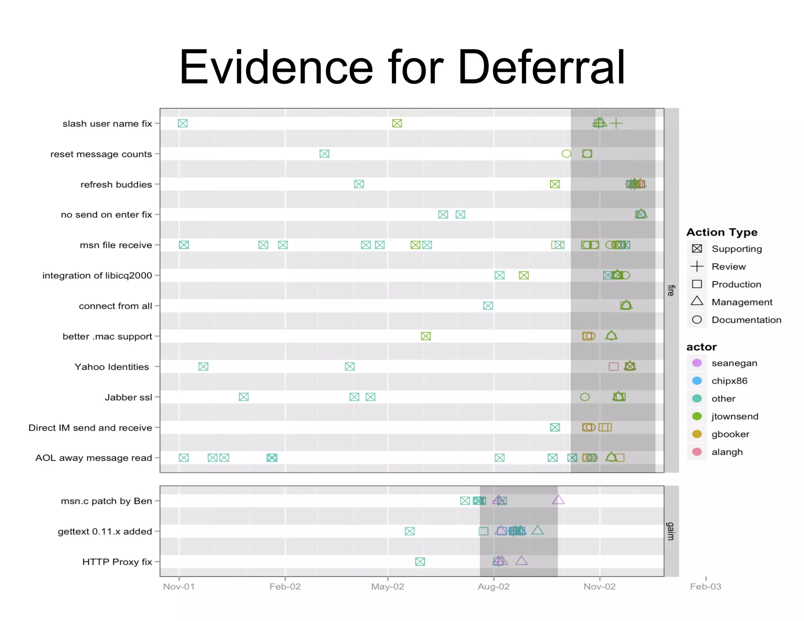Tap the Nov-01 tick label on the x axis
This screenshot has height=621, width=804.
(x=179, y=586)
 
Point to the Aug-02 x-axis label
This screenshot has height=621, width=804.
(x=493, y=586)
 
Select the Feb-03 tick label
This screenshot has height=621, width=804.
(x=705, y=586)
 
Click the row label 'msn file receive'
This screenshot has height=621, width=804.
(x=116, y=245)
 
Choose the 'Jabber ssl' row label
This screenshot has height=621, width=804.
(x=128, y=397)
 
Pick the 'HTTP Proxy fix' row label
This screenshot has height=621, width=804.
(x=117, y=562)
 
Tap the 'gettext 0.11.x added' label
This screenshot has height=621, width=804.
(x=105, y=532)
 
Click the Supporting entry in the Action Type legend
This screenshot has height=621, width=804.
(x=736, y=249)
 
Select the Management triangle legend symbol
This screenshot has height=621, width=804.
(x=697, y=301)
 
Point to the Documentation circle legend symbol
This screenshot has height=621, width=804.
(x=697, y=320)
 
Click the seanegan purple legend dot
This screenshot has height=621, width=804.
(x=697, y=363)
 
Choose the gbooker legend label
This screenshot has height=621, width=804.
(x=730, y=434)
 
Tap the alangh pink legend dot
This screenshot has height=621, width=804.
(x=697, y=452)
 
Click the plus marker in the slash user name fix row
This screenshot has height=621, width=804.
(x=616, y=123)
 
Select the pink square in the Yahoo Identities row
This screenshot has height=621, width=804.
(x=614, y=367)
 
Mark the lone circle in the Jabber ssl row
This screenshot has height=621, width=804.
(x=585, y=397)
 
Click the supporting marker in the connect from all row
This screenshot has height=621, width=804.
(x=488, y=306)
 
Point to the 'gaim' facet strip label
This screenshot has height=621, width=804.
(x=671, y=531)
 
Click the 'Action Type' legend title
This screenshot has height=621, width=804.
(x=722, y=232)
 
